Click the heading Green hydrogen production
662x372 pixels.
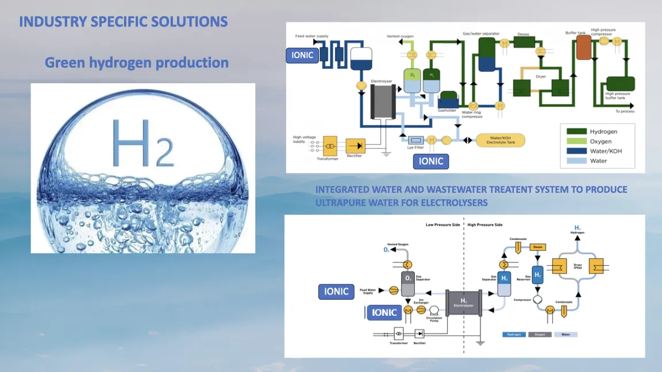(x=137, y=63)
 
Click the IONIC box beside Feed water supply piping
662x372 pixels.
(x=302, y=55)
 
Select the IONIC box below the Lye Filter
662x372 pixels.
(x=431, y=161)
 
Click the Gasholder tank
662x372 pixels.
(x=448, y=98)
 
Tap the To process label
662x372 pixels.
(x=625, y=111)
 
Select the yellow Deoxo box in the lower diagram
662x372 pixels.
(x=538, y=247)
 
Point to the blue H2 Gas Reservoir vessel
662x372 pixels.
(x=538, y=276)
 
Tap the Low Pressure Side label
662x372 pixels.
(x=442, y=225)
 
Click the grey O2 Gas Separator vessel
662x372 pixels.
(x=407, y=279)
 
